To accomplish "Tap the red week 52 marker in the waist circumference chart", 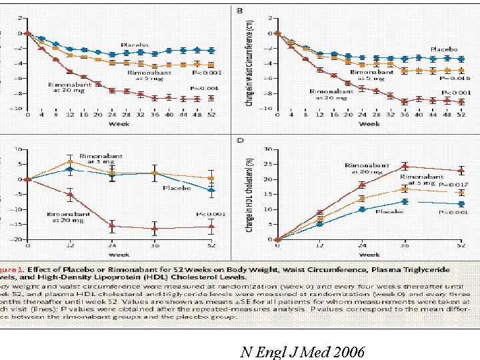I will pos(461,102).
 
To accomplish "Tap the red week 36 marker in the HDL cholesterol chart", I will pos(404,166).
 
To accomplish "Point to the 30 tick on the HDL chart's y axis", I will pos(267,149).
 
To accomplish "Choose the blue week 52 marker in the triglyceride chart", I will pos(211,191).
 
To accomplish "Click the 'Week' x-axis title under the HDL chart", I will pos(369,254).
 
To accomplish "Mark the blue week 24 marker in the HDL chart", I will pos(362,209).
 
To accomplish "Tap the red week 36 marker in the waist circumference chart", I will pos(404,102).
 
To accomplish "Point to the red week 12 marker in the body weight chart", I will pos(69,71).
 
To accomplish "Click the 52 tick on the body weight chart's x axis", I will pos(211,115).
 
